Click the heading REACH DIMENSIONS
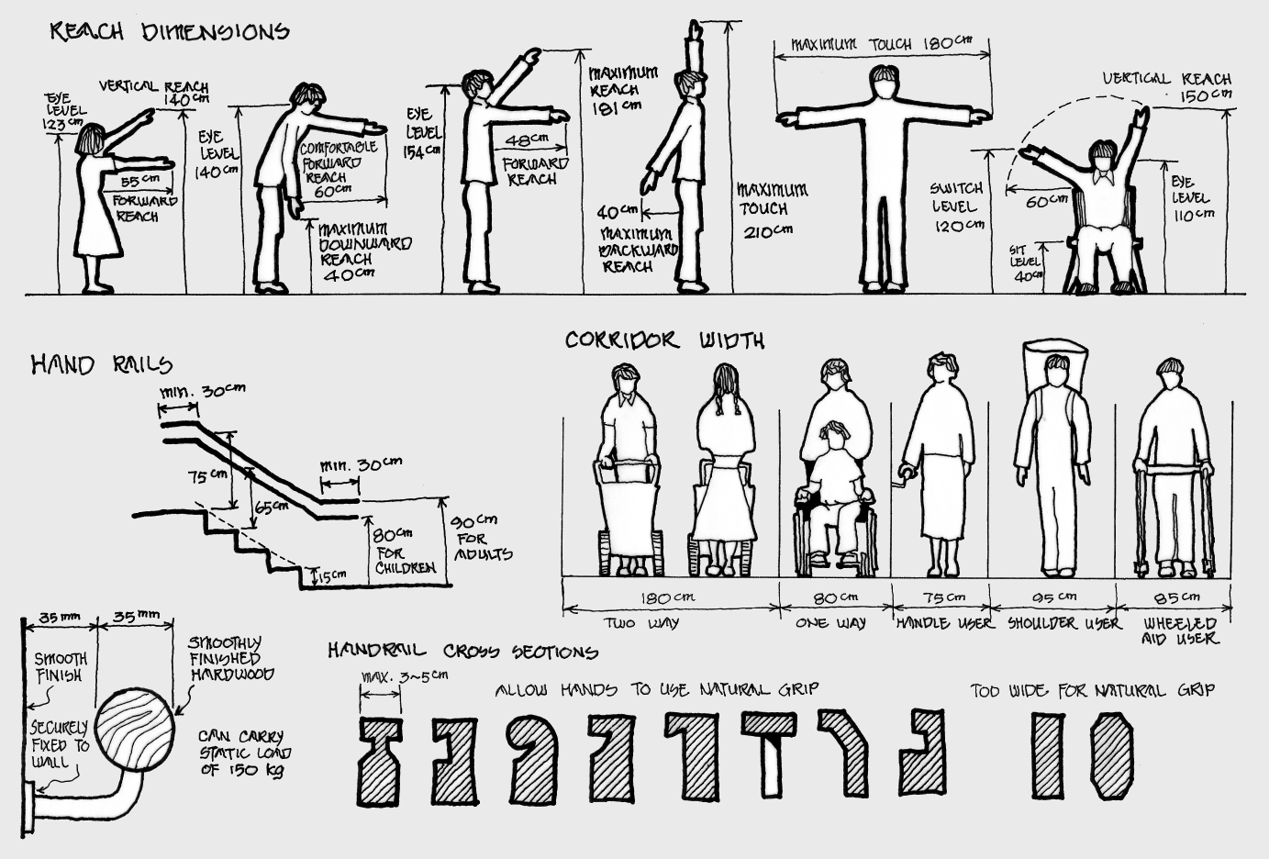(x=170, y=32)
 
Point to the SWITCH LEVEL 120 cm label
(x=957, y=206)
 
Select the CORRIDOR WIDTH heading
(x=664, y=340)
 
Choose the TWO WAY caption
(x=642, y=623)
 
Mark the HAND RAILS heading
(x=101, y=365)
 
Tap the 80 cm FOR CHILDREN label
(x=404, y=550)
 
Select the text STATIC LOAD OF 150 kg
(x=241, y=753)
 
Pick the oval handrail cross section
(x=1109, y=757)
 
